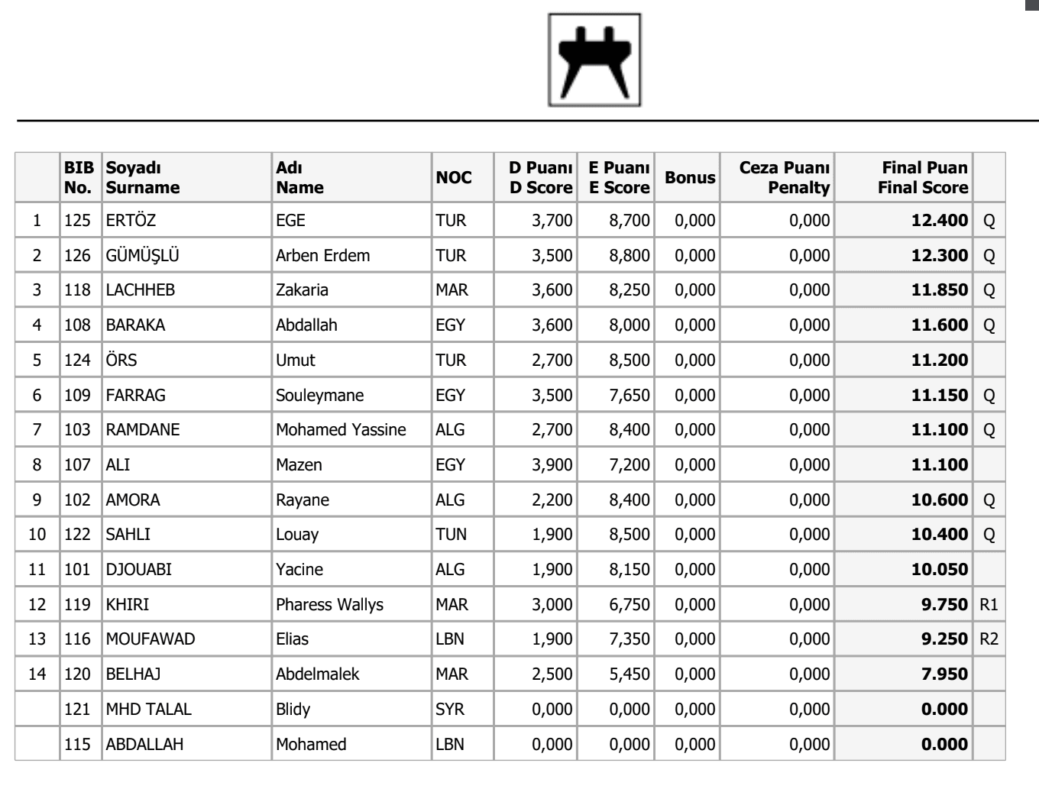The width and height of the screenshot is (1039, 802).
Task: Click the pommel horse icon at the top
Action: [594, 60]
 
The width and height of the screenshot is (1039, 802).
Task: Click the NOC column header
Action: [454, 178]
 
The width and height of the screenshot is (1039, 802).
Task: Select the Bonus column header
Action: [690, 178]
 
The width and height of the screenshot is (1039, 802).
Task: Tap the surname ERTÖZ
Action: [131, 221]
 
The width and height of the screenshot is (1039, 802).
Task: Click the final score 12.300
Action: [939, 256]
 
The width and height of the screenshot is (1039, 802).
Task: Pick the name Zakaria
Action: [302, 290]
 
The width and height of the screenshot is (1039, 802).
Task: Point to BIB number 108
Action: [77, 325]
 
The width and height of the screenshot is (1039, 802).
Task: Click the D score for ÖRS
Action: [552, 361]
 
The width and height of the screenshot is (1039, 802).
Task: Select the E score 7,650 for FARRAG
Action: [629, 396]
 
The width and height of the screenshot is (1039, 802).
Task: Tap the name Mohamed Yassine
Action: [341, 430]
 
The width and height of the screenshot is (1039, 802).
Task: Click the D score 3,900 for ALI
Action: [552, 465]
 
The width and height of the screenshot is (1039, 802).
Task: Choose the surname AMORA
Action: [133, 500]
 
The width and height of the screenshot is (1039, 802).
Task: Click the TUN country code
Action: [451, 535]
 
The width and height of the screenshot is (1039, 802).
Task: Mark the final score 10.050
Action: [939, 570]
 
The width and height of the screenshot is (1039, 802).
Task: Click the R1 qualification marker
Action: [989, 605]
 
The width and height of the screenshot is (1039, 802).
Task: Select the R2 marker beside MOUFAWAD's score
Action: [989, 639]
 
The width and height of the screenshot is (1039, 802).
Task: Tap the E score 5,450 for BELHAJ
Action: [629, 674]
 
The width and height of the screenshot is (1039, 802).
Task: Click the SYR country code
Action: [450, 710]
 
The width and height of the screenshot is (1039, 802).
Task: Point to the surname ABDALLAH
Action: [144, 745]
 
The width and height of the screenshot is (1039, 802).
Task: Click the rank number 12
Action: [37, 605]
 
